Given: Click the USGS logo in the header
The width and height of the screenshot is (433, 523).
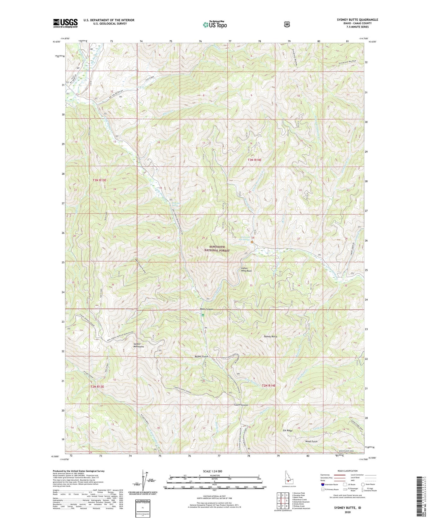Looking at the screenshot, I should pyautogui.click(x=65, y=23).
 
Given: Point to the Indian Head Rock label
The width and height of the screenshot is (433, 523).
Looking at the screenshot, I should pyautogui.click(x=246, y=269).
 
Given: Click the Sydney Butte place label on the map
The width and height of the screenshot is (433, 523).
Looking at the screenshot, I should pyautogui.click(x=270, y=337).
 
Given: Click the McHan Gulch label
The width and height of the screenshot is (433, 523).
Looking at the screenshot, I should pyautogui.click(x=201, y=356).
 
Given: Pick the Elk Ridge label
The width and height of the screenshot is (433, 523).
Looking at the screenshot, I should pyautogui.click(x=287, y=430).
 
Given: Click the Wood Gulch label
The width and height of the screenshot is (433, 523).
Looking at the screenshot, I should pyautogui.click(x=311, y=441).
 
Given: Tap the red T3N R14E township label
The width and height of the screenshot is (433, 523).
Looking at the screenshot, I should pyautogui.click(x=254, y=160).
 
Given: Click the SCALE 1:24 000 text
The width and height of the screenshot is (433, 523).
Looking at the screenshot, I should pyautogui.click(x=212, y=471).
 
